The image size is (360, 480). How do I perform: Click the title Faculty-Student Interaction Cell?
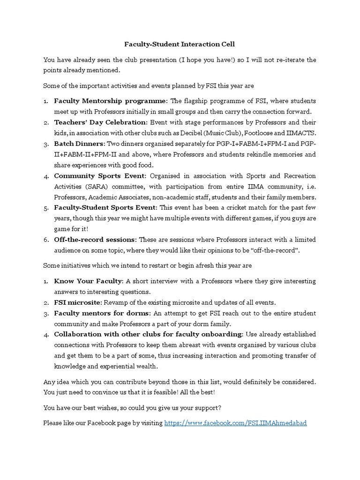(180, 44)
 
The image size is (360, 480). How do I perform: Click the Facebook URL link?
(235, 423)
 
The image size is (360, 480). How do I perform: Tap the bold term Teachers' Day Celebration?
(100, 122)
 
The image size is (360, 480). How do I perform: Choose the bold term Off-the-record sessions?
(95, 240)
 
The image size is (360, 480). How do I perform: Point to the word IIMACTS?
(301, 133)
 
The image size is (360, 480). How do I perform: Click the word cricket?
(222, 208)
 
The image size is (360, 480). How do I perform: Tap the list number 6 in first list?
(46, 240)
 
